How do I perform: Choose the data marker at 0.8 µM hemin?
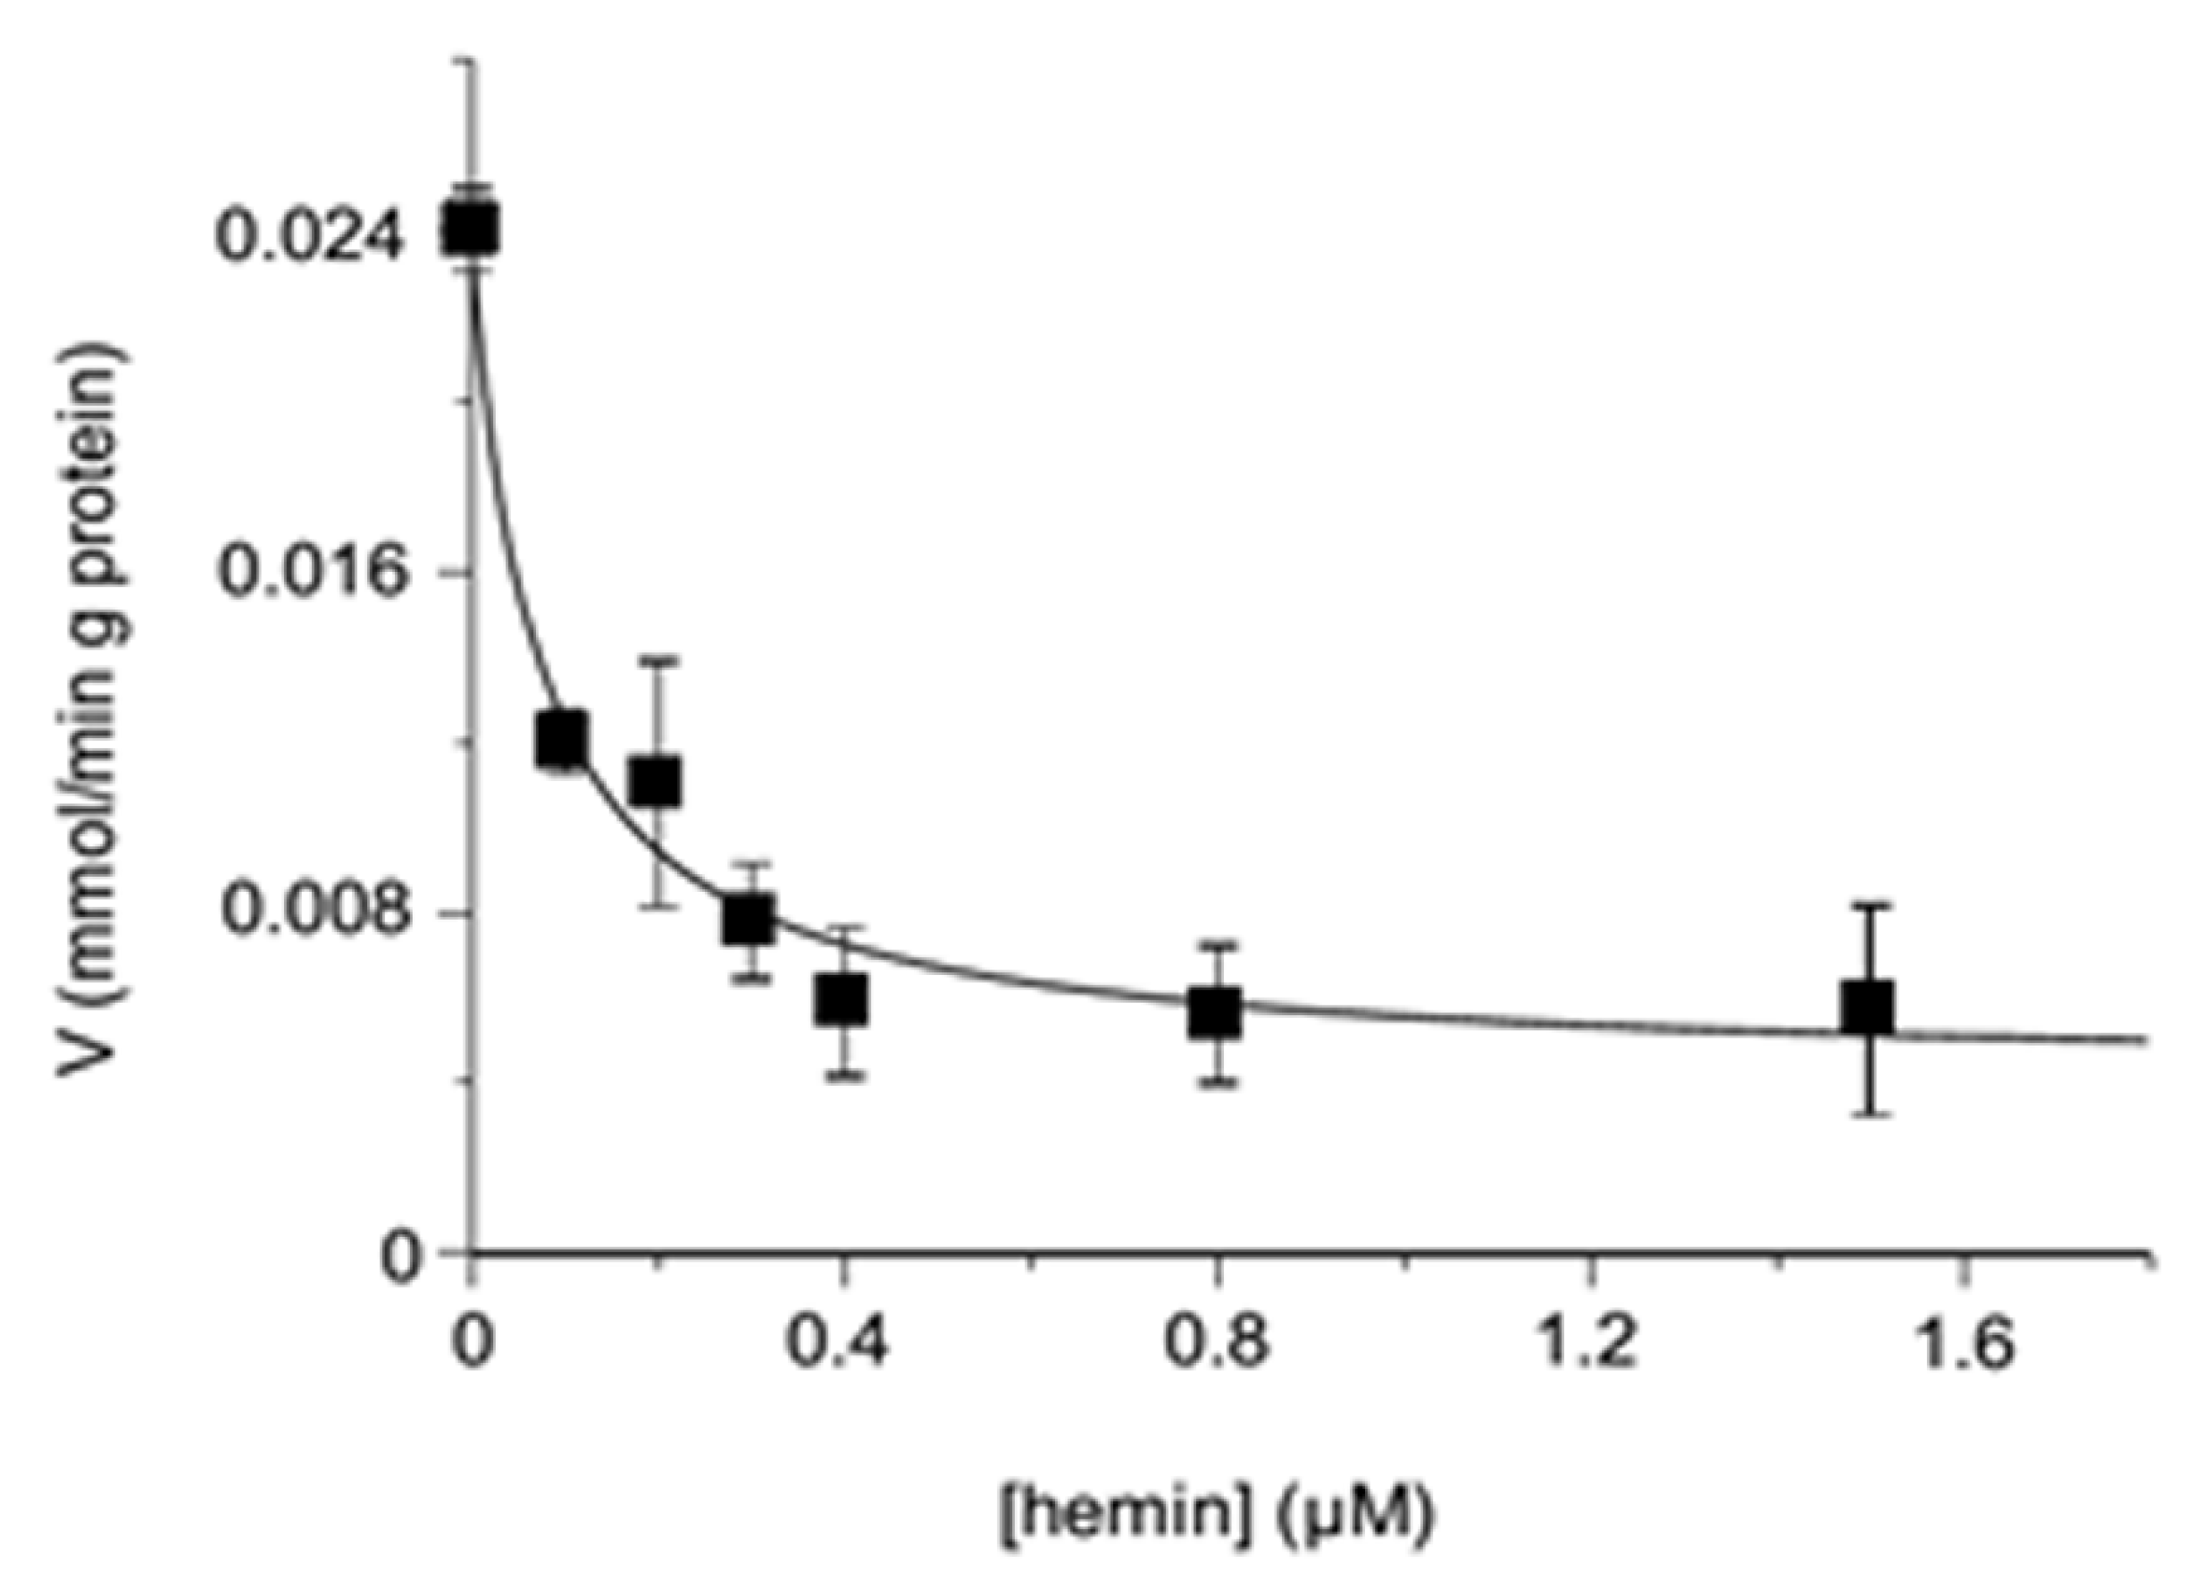(x=1215, y=1012)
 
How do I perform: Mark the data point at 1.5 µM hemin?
(x=1868, y=1008)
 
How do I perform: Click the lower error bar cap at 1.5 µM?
(x=1868, y=1113)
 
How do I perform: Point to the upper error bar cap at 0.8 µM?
(x=1215, y=944)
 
